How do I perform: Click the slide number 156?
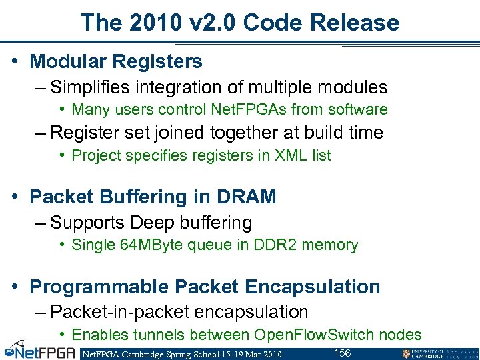[342, 353]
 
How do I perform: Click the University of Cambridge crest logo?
[407, 353]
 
